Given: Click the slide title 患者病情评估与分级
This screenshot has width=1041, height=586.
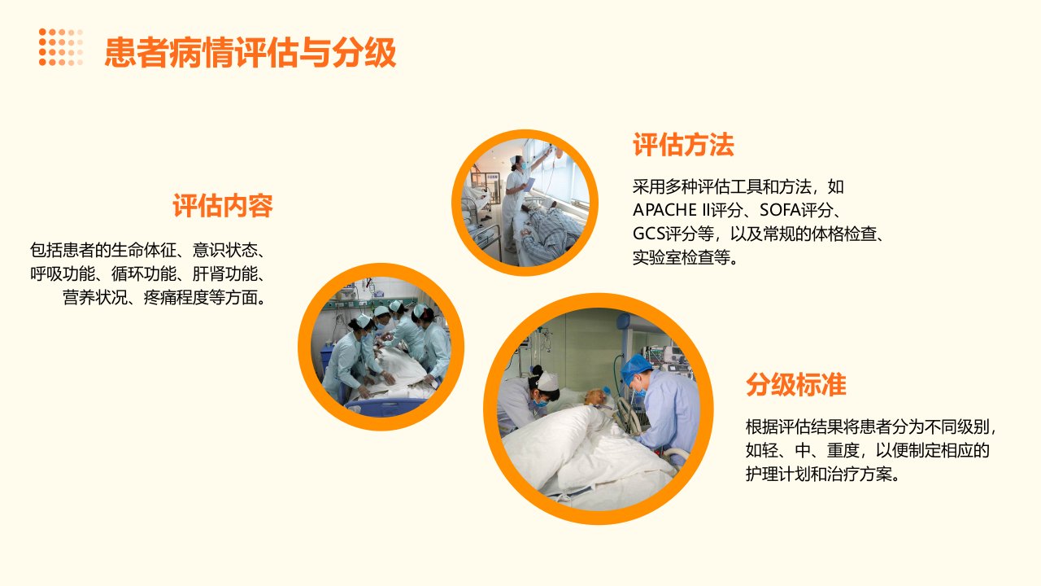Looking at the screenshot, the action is click(x=250, y=52).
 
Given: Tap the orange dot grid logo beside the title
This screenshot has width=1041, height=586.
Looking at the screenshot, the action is click(x=61, y=47).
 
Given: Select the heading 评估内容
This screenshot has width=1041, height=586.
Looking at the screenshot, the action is click(x=223, y=206).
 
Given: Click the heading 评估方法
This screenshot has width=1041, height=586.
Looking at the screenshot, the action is click(x=683, y=145).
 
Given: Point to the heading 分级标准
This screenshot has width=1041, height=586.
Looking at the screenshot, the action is click(x=795, y=385).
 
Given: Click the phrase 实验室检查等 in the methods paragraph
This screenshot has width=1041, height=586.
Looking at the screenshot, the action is click(x=682, y=257).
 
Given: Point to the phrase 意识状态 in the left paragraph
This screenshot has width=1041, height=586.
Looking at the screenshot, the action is click(x=225, y=250).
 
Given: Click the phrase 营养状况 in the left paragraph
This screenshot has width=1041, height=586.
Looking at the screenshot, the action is click(x=95, y=298).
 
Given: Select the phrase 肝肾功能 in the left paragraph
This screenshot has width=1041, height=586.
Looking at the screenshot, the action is click(x=225, y=274).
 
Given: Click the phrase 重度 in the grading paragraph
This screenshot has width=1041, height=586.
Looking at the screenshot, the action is click(x=843, y=450).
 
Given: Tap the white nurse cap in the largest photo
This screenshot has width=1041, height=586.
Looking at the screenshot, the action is click(x=548, y=381).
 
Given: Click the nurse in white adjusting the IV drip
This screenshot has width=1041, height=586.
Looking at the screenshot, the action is click(x=516, y=201).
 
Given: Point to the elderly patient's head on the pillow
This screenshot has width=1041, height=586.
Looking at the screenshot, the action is click(x=595, y=396).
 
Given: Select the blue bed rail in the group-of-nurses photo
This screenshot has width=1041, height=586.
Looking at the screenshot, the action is click(x=385, y=408).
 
